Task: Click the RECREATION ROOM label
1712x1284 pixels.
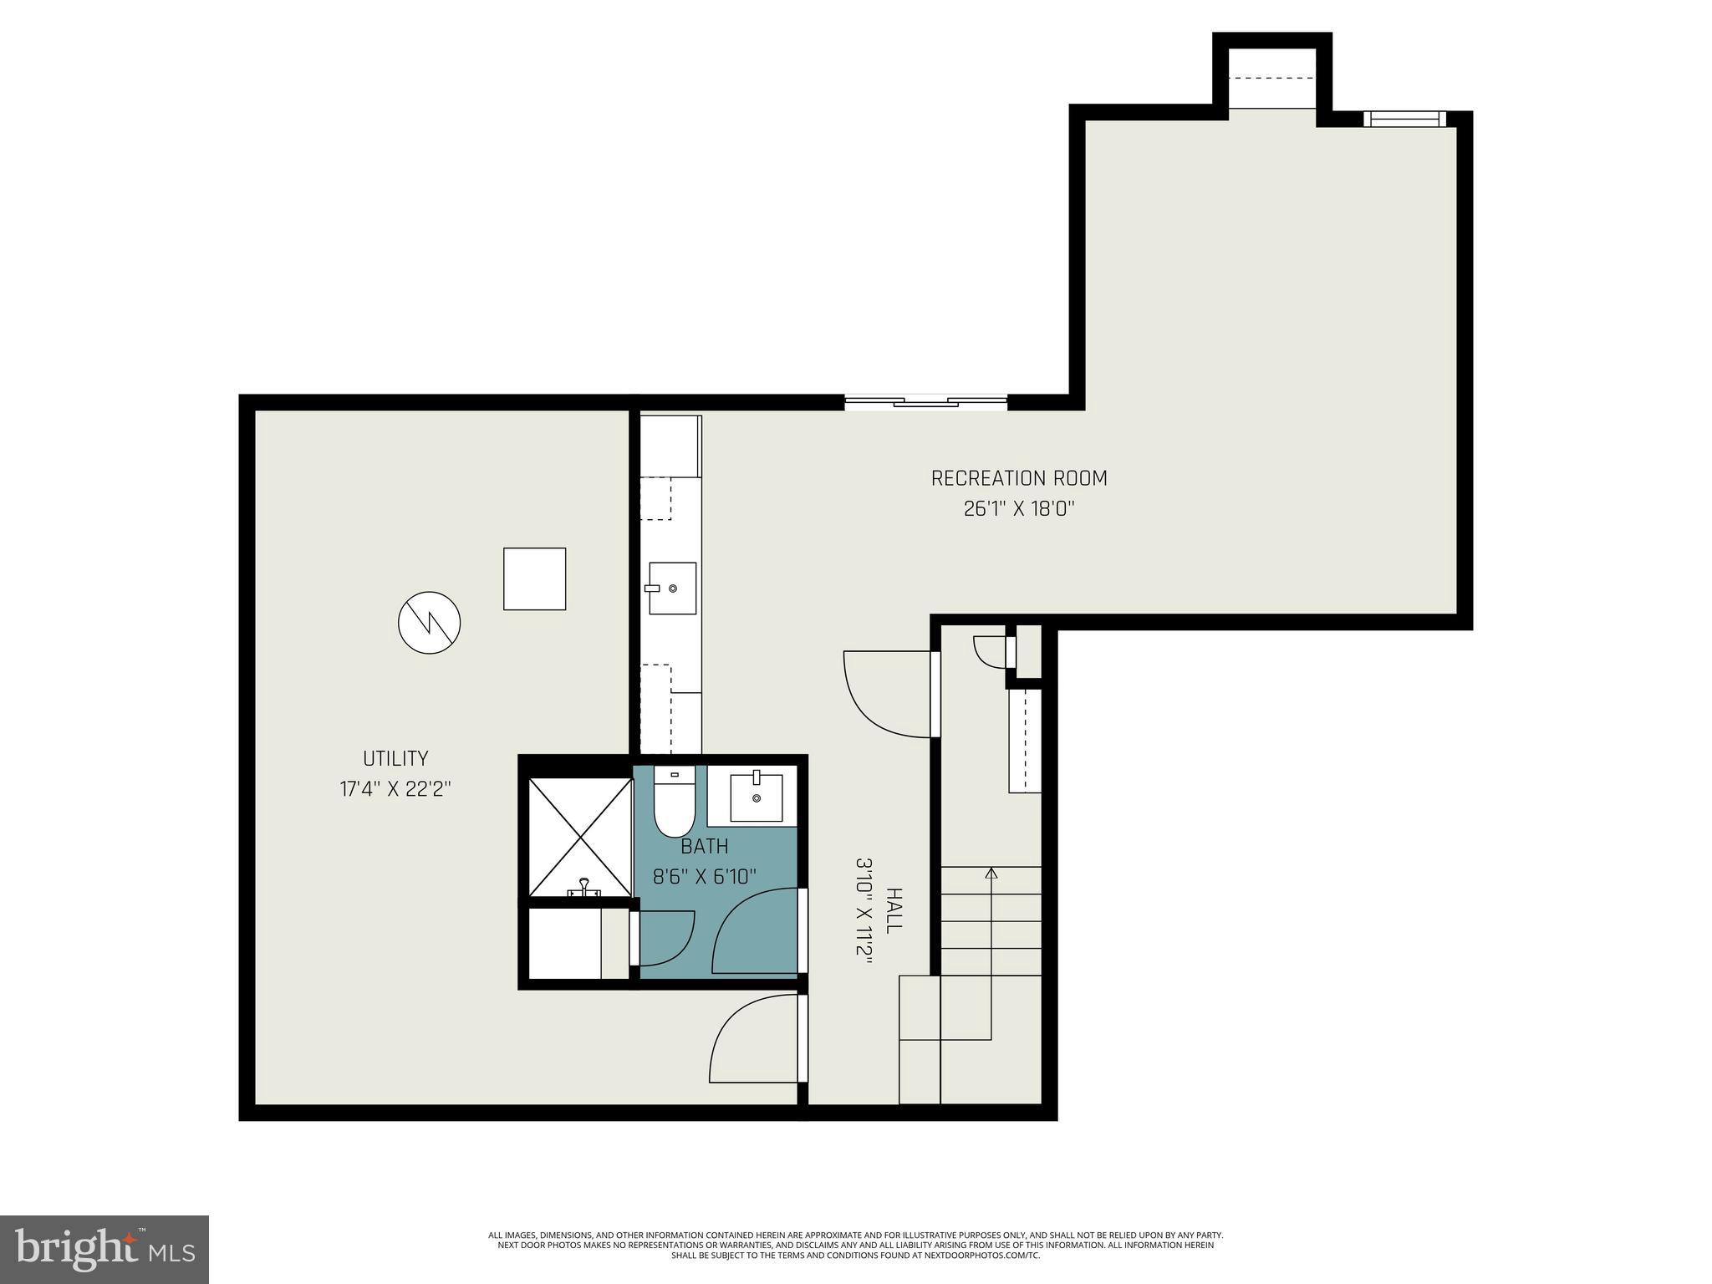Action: (x=1018, y=478)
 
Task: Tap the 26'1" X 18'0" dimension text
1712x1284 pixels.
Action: (x=1018, y=509)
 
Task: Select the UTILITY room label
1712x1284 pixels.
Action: (x=395, y=758)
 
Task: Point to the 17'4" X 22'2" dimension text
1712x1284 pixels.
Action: (x=395, y=789)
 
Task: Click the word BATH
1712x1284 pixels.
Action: (x=704, y=846)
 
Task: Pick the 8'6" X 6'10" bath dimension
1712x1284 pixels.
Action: (x=704, y=876)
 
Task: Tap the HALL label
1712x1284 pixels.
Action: (x=894, y=911)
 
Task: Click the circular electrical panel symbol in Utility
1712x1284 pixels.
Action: (x=429, y=623)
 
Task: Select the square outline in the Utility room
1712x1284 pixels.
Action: (x=534, y=578)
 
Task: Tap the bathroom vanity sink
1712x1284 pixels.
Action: (x=757, y=797)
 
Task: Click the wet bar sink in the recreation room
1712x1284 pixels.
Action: (x=672, y=588)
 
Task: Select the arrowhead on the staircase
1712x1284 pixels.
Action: (x=991, y=874)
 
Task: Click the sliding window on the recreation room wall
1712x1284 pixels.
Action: (x=925, y=403)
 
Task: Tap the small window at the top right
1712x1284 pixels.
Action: (x=1404, y=120)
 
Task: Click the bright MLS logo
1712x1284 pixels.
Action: (x=104, y=1249)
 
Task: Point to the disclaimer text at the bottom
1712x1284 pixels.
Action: (x=855, y=1245)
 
